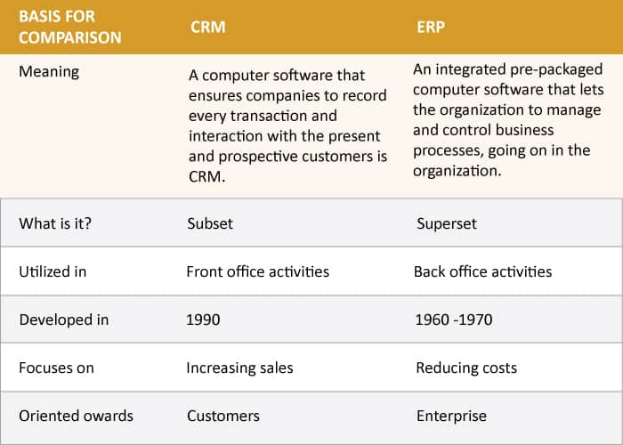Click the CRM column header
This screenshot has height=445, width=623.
[x=207, y=27]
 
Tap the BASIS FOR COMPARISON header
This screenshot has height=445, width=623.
[x=69, y=27]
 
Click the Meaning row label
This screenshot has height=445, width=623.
[x=49, y=71]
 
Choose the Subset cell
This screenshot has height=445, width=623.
[x=210, y=223]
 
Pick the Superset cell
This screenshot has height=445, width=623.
[x=447, y=223]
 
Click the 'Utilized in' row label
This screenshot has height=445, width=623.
[x=53, y=271]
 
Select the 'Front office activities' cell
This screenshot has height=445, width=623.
[x=257, y=271]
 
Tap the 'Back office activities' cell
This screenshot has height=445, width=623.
[x=482, y=271]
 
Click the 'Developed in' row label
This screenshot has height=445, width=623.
[x=63, y=320]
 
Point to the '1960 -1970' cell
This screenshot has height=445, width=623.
[x=454, y=320]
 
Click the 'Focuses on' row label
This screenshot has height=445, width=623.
[x=55, y=368]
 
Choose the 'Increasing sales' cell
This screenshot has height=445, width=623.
[x=239, y=368]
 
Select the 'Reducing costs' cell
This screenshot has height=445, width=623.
[x=465, y=368]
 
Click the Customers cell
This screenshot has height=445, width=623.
[x=223, y=416]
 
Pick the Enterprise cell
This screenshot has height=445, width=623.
[x=451, y=416]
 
